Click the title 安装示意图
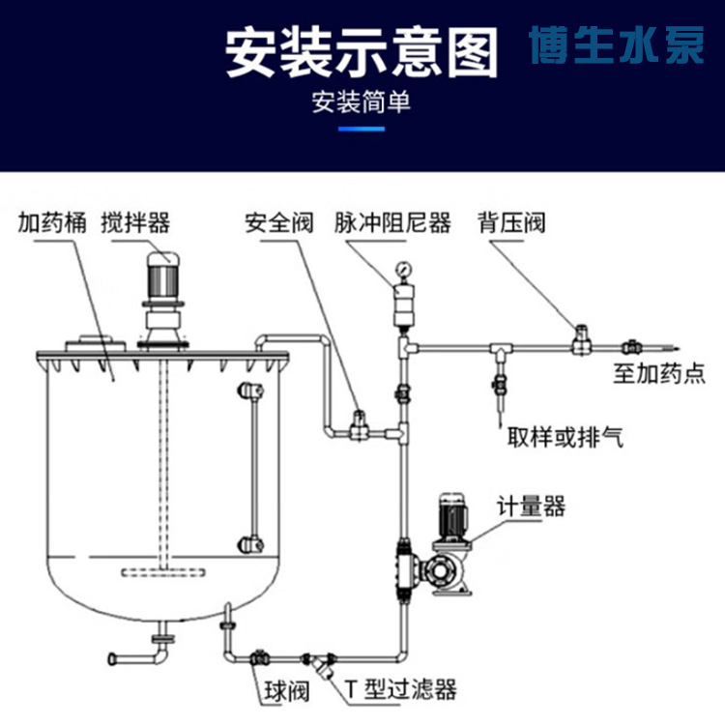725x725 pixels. coord(362,52)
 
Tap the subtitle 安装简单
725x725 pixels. coord(362,101)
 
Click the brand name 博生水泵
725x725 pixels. coord(617,46)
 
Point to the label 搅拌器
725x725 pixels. coord(135,223)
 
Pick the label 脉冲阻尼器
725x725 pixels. coord(392,223)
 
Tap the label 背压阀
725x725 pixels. coord(511,223)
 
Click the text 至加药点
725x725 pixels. coord(659,374)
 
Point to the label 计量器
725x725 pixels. coord(531,506)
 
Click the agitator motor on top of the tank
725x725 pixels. coord(161,274)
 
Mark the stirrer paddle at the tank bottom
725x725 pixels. coord(165,573)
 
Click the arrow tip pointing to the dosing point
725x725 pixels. coord(680,347)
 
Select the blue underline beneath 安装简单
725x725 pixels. coord(362,129)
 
